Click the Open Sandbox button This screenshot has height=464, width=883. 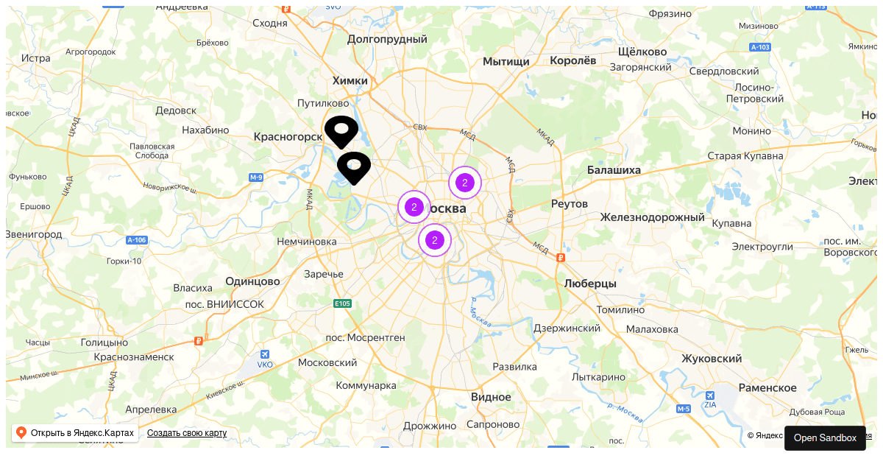click(x=825, y=437)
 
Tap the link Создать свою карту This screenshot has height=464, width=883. click(x=187, y=433)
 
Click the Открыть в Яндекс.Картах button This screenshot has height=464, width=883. click(x=75, y=433)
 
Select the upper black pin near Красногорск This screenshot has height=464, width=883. click(x=341, y=130)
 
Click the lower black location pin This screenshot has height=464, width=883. click(x=354, y=166)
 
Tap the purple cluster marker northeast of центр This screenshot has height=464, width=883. click(x=464, y=183)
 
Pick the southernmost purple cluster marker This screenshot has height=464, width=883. click(x=435, y=240)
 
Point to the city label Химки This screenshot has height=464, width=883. click(x=350, y=80)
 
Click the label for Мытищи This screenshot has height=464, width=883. click(x=506, y=62)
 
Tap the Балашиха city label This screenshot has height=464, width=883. click(x=614, y=170)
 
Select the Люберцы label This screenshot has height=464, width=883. click(x=590, y=284)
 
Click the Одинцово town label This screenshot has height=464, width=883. click(x=252, y=281)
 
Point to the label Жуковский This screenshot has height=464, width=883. click(x=712, y=359)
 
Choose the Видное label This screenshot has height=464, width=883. click(x=491, y=397)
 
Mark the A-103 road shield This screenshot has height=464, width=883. click(x=760, y=47)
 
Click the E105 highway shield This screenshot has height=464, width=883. click(x=342, y=303)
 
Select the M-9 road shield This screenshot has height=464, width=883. click(x=256, y=177)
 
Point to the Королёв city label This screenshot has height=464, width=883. click(x=573, y=61)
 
